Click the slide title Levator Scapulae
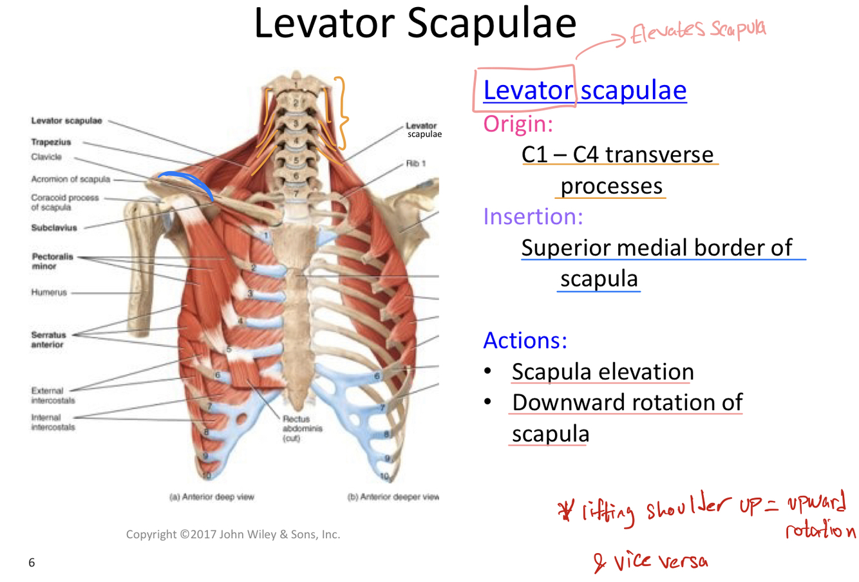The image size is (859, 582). tap(415, 24)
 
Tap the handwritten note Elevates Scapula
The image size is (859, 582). tap(699, 30)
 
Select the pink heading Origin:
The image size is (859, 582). tap(518, 123)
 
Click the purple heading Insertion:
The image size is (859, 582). tap(533, 216)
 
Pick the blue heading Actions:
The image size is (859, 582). tap(525, 340)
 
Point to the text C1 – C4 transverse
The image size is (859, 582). tap(617, 155)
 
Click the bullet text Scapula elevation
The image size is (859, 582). tap(602, 371)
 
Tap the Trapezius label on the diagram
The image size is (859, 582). tap(51, 142)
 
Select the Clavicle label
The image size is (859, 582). tap(46, 157)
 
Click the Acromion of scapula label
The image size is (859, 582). tap(71, 180)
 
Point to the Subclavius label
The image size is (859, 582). tap(54, 228)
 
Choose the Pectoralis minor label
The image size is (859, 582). tap(53, 261)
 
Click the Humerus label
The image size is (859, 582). tap(49, 292)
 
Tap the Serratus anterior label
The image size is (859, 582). tap(48, 339)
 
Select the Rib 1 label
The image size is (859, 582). tap(415, 164)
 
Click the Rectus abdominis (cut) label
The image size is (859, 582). tap(301, 428)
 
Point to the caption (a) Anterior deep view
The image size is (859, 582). tap(211, 497)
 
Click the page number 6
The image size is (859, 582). tap(32, 563)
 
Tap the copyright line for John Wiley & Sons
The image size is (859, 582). tap(232, 534)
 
